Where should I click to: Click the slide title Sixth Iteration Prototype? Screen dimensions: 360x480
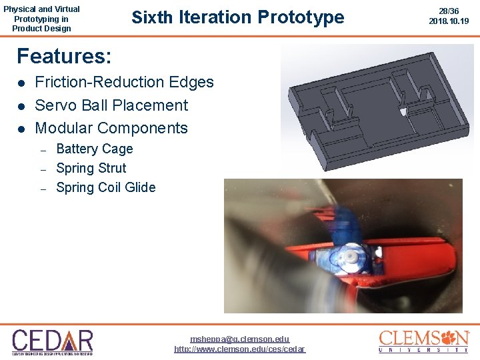tap(238, 17)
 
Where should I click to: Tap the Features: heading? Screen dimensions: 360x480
tap(64, 56)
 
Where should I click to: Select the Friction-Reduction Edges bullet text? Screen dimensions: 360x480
tap(124, 82)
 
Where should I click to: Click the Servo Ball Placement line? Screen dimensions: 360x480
tap(111, 105)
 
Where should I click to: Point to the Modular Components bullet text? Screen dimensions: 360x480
tap(111, 128)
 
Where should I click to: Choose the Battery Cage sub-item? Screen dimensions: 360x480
tap(95, 149)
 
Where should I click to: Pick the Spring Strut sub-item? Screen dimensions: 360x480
tap(91, 168)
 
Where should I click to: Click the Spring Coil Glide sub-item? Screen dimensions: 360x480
tap(106, 187)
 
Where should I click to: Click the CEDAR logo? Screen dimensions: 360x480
tap(53, 341)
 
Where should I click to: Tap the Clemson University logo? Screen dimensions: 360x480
tap(424, 341)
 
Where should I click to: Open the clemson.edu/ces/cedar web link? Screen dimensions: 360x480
tap(240, 349)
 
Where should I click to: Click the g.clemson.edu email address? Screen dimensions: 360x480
tap(240, 339)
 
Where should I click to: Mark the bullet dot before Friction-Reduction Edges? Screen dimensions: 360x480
tap(21, 83)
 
